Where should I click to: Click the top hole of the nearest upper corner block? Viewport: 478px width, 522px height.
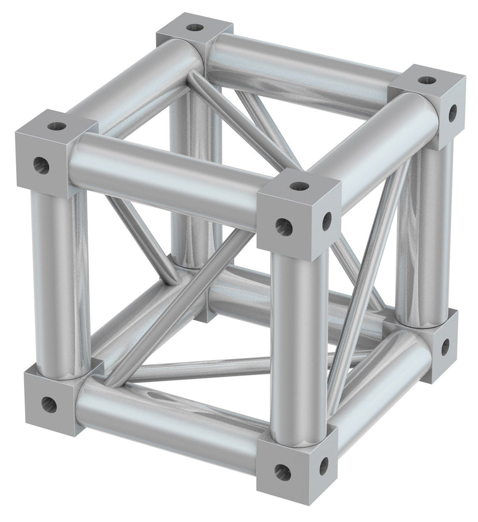pos(299,187)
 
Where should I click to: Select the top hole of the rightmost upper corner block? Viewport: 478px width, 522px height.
pos(426,80)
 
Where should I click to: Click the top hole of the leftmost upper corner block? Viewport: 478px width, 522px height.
pos(57,125)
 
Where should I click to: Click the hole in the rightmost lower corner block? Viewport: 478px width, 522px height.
pos(445,346)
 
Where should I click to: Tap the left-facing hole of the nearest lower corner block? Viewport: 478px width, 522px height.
pos(282,472)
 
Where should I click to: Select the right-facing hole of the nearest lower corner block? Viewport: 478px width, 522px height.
pos(324,466)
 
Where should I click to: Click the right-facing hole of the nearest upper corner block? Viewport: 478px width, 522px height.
pos(327,221)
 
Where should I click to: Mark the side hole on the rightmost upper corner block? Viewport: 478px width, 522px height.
pos(452,113)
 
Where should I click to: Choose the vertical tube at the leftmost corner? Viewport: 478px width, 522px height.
pos(60,282)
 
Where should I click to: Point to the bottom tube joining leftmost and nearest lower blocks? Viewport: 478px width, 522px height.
pos(171,423)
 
